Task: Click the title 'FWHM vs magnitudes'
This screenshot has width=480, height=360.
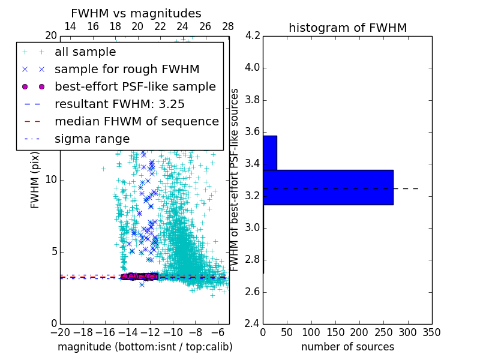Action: coord(136,13)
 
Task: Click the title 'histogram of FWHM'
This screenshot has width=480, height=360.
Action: coord(347,28)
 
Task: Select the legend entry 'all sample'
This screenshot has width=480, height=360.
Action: coord(85,52)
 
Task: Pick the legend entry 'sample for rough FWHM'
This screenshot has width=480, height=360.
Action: coord(127,69)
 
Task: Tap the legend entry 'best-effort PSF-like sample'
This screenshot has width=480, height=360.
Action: coord(135,86)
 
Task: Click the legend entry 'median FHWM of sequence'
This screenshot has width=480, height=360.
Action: coord(136,121)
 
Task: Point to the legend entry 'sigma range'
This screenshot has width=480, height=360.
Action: coord(92,139)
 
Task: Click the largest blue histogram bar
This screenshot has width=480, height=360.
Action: coord(328,187)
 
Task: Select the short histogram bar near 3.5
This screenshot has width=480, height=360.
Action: coord(270,153)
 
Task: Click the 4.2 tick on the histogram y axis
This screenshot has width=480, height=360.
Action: coord(251,35)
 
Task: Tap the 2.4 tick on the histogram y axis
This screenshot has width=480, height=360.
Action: coord(251,323)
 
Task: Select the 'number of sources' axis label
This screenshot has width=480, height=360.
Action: coord(347,347)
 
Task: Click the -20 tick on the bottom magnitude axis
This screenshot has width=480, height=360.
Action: coord(60,332)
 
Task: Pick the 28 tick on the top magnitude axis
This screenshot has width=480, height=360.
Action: coord(227,26)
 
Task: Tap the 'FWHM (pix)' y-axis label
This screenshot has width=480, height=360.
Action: coord(35,179)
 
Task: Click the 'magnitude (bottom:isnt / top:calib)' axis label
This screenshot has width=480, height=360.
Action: coord(145,347)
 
